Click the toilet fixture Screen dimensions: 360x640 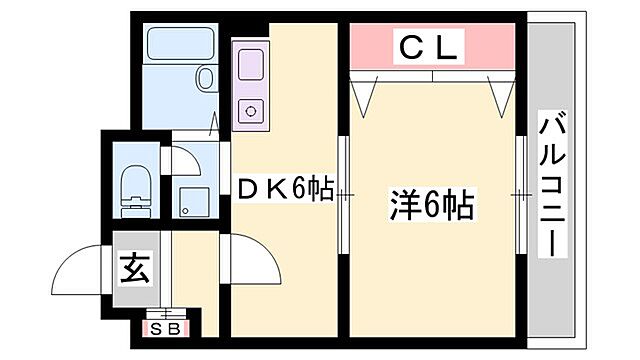tap(133, 187)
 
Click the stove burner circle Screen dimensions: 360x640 tap(249, 111)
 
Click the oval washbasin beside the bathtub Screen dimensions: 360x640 tap(207, 79)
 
